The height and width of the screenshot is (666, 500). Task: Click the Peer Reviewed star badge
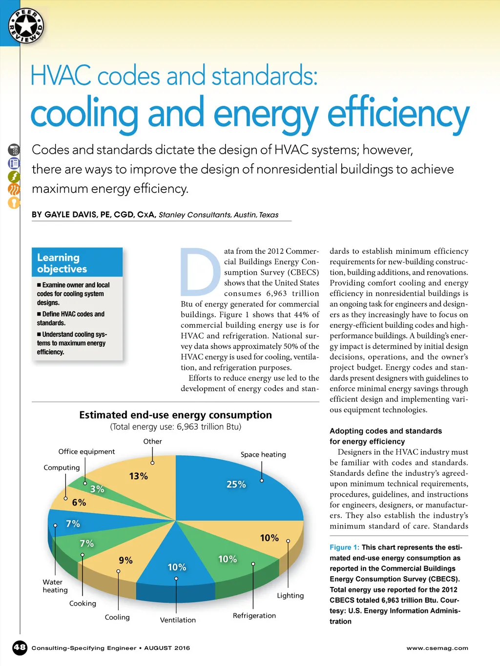pyautogui.click(x=26, y=26)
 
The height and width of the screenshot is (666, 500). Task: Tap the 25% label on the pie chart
pyautogui.click(x=236, y=484)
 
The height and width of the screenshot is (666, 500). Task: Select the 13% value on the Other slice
pyautogui.click(x=138, y=476)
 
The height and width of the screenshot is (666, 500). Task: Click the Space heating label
pyautogui.click(x=263, y=455)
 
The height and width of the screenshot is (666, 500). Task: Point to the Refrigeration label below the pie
pyautogui.click(x=254, y=616)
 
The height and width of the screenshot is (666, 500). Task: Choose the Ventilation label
pyautogui.click(x=178, y=620)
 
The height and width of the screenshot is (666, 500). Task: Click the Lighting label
pyautogui.click(x=290, y=596)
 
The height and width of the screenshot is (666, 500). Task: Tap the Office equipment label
pyautogui.click(x=86, y=452)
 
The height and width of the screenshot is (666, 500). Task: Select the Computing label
pyautogui.click(x=62, y=467)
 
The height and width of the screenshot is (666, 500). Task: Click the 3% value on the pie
pyautogui.click(x=97, y=489)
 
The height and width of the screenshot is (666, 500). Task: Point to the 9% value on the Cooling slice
pyautogui.click(x=125, y=561)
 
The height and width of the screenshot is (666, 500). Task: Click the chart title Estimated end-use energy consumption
pyautogui.click(x=175, y=415)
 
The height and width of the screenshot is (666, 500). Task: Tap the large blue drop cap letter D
pyautogui.click(x=200, y=272)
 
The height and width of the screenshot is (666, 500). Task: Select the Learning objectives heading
pyautogui.click(x=62, y=263)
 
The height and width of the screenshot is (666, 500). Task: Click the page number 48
pyautogui.click(x=20, y=647)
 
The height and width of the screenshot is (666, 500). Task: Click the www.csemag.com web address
pyautogui.click(x=437, y=648)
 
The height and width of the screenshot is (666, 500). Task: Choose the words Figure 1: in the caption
pyautogui.click(x=344, y=547)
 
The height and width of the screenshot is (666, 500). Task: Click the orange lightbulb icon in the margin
pyautogui.click(x=14, y=202)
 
